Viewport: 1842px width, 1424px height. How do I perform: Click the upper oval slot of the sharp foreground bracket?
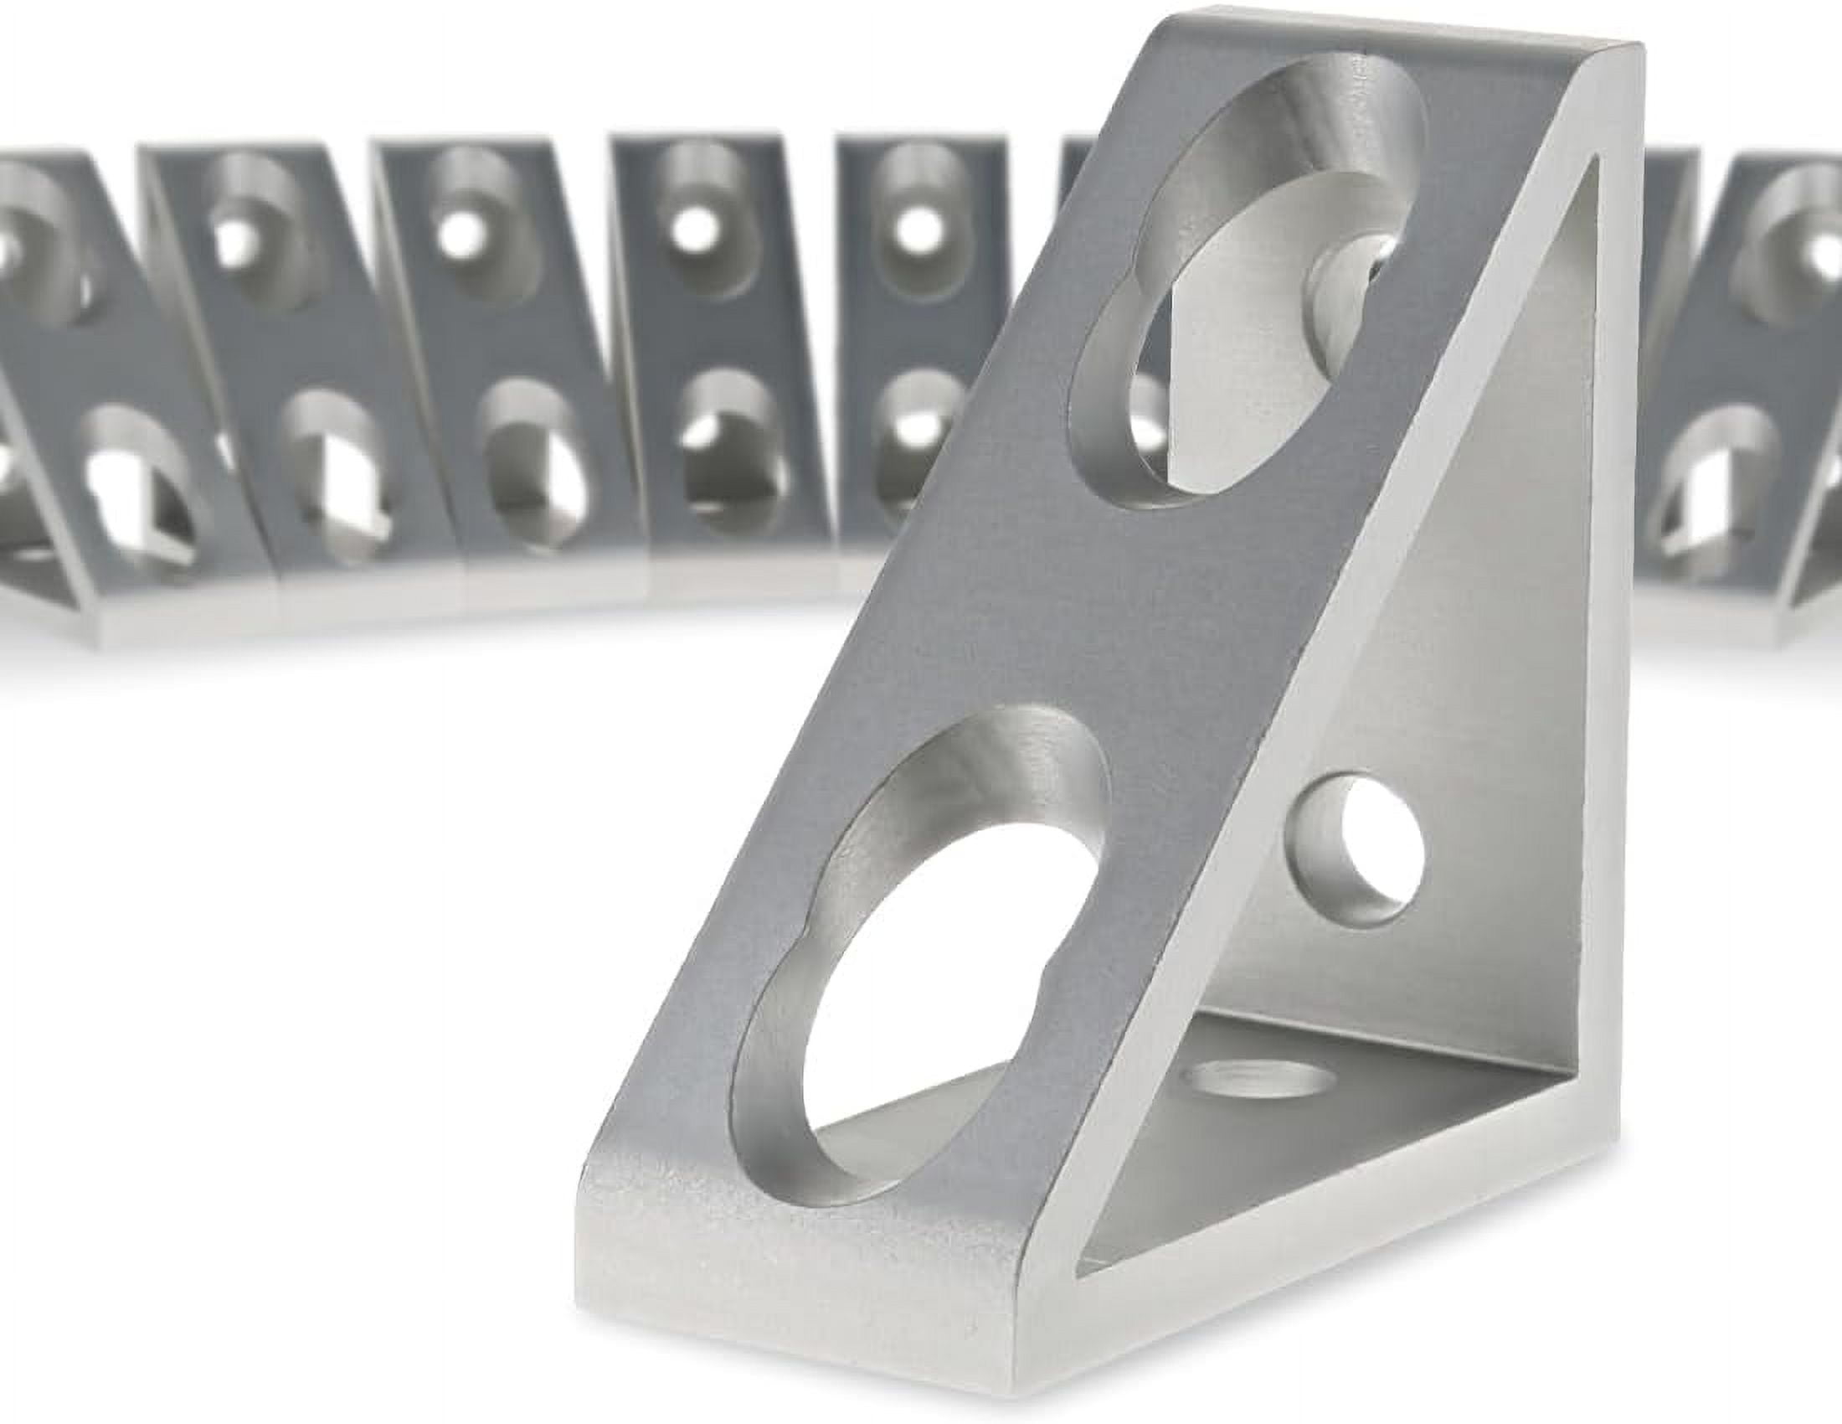click(1248, 278)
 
